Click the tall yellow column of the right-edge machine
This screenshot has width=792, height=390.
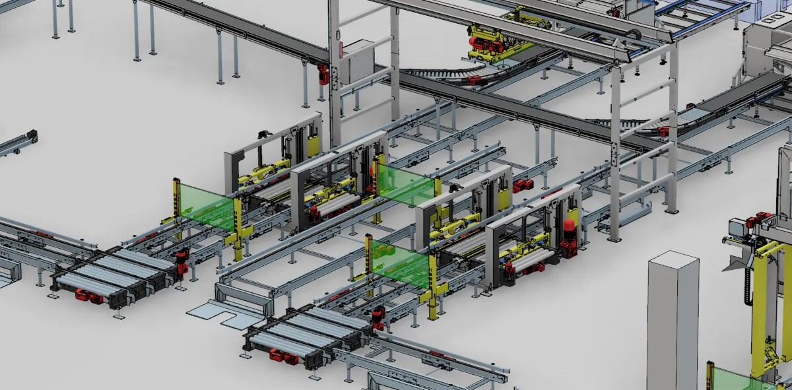pyautogui.click(x=766, y=304)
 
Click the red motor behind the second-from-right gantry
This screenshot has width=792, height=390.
pyautogui.click(x=523, y=186)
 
